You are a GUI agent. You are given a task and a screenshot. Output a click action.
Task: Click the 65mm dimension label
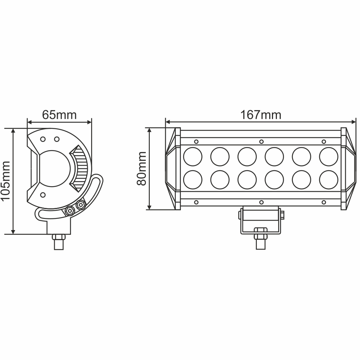click(x=59, y=115)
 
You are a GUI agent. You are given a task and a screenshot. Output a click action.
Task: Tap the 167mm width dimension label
click(x=261, y=115)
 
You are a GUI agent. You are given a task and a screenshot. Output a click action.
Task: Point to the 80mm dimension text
click(x=142, y=168)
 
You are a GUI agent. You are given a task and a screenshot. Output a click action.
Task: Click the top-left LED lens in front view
click(x=193, y=157)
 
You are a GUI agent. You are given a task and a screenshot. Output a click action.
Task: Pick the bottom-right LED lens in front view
click(x=329, y=180)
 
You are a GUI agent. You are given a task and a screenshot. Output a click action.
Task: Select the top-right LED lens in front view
click(x=329, y=157)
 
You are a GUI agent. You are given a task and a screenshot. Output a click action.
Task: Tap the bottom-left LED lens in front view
click(x=193, y=180)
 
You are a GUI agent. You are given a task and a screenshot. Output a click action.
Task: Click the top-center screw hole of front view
click(x=261, y=142)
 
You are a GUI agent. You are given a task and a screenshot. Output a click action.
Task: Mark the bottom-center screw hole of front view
click(x=261, y=202)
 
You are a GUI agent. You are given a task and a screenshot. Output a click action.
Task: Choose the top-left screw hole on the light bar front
click(x=196, y=142)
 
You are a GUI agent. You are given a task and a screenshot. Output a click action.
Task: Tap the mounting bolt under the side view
click(x=58, y=242)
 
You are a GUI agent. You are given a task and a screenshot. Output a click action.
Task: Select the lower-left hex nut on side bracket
click(x=70, y=211)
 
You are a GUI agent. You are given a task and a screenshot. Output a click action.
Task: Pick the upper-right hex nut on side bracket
click(x=81, y=204)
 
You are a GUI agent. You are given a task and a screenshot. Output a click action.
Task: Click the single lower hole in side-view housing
click(x=43, y=194)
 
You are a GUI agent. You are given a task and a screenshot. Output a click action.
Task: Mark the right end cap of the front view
click(x=348, y=169)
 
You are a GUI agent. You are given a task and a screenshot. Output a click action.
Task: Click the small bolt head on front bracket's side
click(x=282, y=214)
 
